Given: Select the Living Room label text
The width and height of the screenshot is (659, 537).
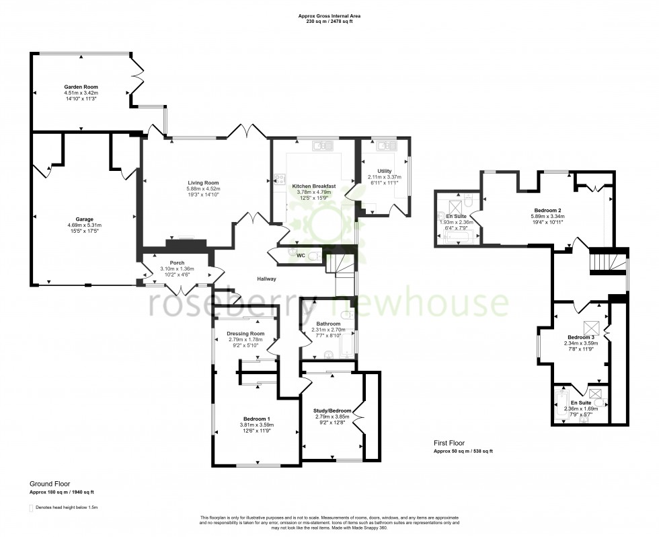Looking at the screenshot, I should [202, 182].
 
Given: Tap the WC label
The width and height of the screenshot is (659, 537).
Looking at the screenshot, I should [301, 256].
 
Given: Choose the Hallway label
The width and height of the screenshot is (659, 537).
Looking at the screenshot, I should [266, 279].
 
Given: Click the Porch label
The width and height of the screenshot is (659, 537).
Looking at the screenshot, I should [177, 263].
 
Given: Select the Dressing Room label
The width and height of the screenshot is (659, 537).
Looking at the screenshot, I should [245, 334].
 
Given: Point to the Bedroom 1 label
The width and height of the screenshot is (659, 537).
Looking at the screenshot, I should [256, 419].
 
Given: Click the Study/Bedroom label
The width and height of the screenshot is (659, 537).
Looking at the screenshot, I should [332, 410].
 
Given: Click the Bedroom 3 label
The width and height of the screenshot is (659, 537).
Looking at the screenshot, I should [580, 337].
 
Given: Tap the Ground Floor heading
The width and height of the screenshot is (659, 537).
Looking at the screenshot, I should [49, 484].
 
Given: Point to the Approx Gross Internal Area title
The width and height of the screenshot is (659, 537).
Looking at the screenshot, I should [325, 16].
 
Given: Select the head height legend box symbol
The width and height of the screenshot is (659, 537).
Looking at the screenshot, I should [31, 507].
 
